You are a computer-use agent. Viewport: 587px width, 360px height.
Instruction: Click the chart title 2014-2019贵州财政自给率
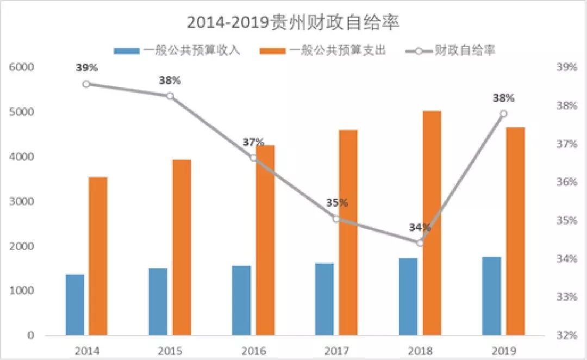[x=293, y=22]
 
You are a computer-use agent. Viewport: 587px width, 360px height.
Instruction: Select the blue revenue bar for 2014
[x=75, y=305]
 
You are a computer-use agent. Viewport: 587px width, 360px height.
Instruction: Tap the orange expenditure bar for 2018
[x=432, y=223]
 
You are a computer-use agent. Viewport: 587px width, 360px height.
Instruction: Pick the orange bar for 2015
[x=182, y=247]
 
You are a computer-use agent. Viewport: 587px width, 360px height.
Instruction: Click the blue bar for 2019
[x=491, y=296]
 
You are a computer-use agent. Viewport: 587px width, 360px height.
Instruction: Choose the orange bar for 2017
[x=348, y=233]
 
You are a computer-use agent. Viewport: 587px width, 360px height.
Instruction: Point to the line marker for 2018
[x=420, y=243]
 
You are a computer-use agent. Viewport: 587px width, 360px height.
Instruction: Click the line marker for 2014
[x=86, y=84]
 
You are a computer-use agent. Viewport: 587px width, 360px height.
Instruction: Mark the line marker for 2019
[x=503, y=114]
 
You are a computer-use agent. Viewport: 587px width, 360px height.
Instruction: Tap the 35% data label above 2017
[x=337, y=203]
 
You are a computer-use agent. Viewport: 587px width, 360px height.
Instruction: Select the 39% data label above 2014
[x=87, y=68]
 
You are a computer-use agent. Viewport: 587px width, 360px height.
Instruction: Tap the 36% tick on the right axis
[x=567, y=182]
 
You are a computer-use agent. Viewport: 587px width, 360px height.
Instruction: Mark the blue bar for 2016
[x=242, y=300]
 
